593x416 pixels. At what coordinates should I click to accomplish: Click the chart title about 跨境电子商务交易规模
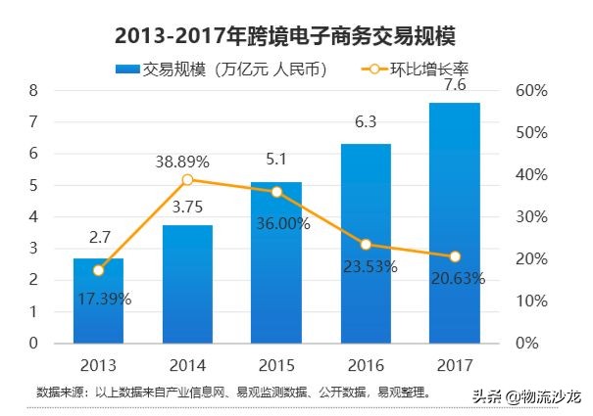click(285, 35)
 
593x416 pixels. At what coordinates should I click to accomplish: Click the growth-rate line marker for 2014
click(187, 180)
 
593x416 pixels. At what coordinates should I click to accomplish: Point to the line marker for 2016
click(366, 245)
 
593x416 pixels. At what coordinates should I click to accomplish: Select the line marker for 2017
click(454, 256)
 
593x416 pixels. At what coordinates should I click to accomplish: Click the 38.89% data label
click(187, 161)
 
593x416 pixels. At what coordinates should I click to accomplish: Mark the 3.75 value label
click(186, 207)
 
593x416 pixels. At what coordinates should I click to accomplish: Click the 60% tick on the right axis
click(529, 90)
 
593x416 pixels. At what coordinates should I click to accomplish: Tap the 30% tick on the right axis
click(529, 217)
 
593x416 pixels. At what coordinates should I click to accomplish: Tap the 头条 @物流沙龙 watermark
click(525, 395)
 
